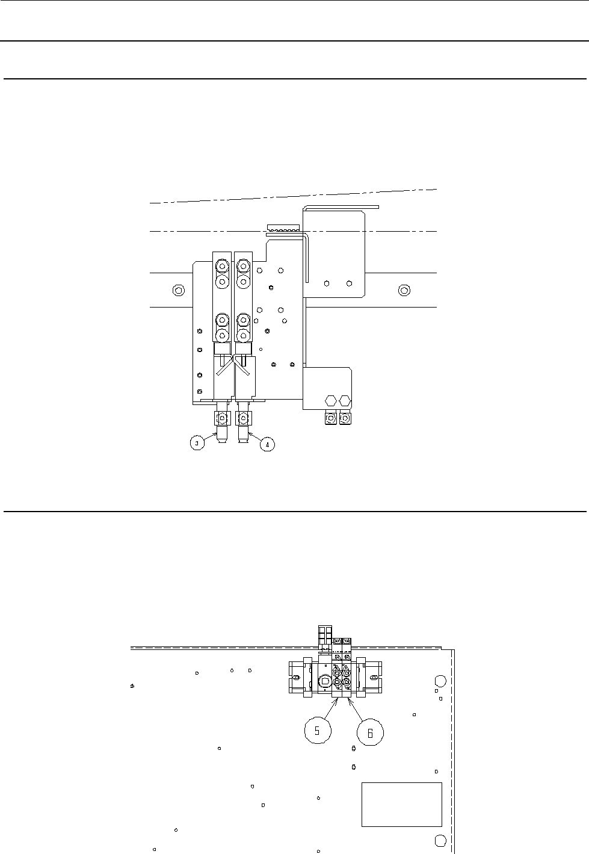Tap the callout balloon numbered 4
tap(267, 444)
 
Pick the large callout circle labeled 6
tap(370, 732)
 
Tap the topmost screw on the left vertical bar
tap(223, 265)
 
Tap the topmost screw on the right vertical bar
tap(243, 265)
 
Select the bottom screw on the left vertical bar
tap(223, 335)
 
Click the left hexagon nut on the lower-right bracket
tap(330, 400)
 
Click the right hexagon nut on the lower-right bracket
tap(345, 400)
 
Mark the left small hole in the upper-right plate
tap(326, 283)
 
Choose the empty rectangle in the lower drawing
tap(401, 805)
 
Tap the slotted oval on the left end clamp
tap(295, 678)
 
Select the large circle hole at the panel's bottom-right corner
tap(439, 840)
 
